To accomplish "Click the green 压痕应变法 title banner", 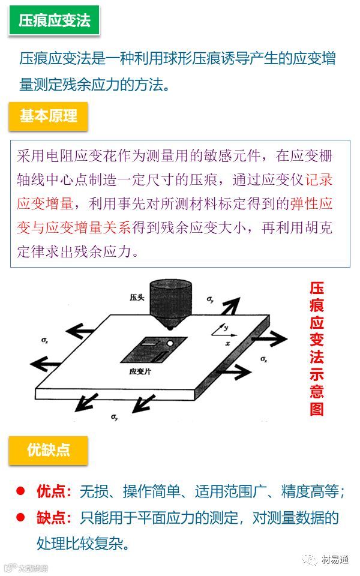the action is click(x=54, y=21).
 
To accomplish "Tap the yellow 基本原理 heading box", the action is click(x=49, y=116).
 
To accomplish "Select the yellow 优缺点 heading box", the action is click(x=49, y=450).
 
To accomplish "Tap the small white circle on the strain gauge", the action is click(x=170, y=343).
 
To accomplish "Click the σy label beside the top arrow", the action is click(x=209, y=298).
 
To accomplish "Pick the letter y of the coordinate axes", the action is click(x=226, y=328).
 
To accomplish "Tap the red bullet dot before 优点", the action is click(x=20, y=491).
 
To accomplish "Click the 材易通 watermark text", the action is click(x=335, y=560).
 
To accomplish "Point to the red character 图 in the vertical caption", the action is click(x=317, y=409).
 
